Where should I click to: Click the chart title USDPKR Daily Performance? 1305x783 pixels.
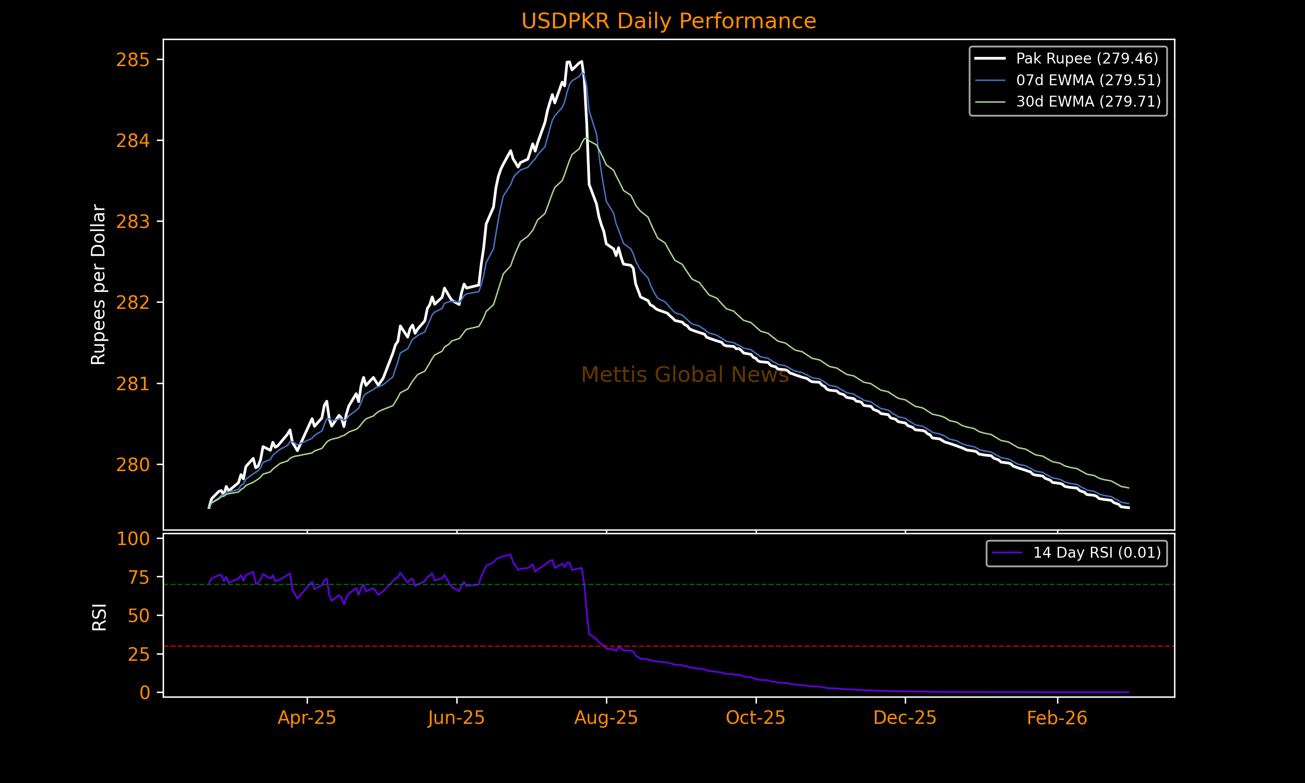(668, 21)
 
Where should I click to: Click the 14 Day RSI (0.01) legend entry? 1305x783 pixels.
(1097, 552)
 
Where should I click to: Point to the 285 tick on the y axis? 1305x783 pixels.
(133, 60)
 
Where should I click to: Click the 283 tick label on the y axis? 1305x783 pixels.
(133, 222)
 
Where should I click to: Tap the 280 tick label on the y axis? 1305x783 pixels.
(133, 465)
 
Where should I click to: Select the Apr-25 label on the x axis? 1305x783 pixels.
(307, 718)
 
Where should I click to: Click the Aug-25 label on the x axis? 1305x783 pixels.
(606, 718)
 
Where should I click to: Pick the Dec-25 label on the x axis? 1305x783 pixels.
(905, 718)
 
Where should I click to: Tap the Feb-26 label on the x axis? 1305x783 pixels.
(1057, 718)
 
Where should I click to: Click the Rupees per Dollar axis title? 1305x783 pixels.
(99, 284)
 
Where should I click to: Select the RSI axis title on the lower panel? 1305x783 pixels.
(99, 617)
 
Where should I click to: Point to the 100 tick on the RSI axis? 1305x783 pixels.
(133, 539)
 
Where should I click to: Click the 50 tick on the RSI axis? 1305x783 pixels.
(138, 616)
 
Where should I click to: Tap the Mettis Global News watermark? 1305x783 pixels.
(685, 375)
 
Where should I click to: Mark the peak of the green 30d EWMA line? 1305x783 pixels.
(586, 138)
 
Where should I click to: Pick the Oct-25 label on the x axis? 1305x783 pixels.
(755, 718)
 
